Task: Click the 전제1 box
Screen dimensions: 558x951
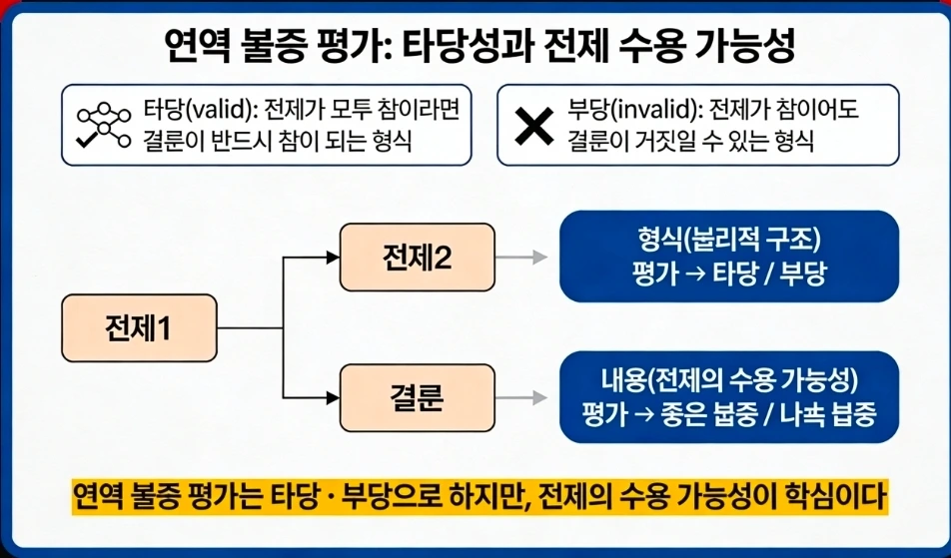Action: coord(138,327)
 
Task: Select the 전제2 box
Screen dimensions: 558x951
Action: coord(417,258)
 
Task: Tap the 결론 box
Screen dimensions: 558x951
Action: coord(417,397)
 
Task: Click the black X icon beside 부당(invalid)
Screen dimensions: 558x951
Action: coord(533,125)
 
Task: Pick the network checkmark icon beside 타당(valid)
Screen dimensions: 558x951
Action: coord(104,125)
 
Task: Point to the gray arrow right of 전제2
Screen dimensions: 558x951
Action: coord(522,258)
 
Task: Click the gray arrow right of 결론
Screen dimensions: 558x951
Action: coord(522,397)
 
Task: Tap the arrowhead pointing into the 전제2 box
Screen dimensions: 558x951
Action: coord(334,258)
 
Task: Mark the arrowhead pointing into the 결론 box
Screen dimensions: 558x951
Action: coord(334,397)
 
